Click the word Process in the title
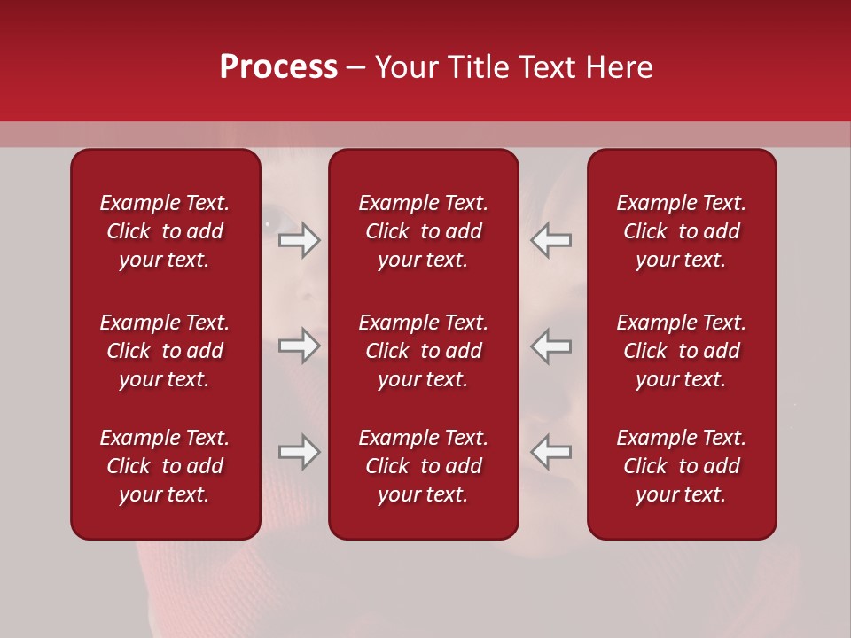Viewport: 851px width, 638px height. coord(278,67)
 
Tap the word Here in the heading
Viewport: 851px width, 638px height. coord(621,67)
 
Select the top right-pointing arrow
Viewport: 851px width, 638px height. coord(300,240)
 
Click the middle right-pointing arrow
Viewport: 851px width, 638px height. coord(300,346)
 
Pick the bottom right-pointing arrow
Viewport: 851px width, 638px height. coord(300,452)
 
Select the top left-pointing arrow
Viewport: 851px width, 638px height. coord(551,240)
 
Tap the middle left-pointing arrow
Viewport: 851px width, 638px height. coord(551,346)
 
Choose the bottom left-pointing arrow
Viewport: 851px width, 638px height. coord(551,452)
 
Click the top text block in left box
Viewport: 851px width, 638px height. coord(165,231)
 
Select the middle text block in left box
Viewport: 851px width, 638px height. coord(165,351)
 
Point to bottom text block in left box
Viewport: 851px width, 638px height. coord(165,466)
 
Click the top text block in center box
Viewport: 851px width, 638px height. coord(423,231)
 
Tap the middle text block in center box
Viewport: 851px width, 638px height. coord(423,351)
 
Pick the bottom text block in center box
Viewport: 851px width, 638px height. coord(423,466)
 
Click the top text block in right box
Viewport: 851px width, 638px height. coord(681,231)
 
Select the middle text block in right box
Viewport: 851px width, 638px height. coord(681,351)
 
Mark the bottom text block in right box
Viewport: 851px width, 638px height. coord(681,466)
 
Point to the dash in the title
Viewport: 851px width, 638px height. coord(355,69)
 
